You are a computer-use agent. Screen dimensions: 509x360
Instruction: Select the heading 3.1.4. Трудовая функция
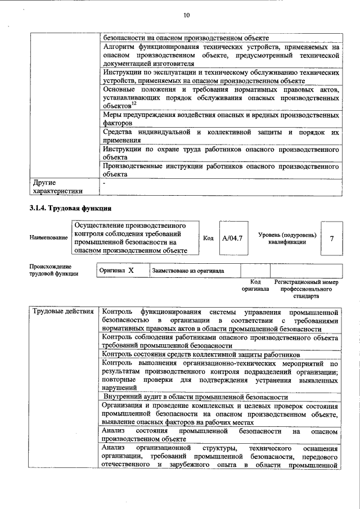[65, 209]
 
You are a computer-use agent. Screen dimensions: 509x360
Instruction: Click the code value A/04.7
[232, 238]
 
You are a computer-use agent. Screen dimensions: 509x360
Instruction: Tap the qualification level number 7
[332, 238]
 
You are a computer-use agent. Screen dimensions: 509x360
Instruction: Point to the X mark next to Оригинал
[131, 271]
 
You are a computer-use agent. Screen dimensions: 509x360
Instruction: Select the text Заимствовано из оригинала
[188, 271]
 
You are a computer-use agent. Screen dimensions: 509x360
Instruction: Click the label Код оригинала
[255, 285]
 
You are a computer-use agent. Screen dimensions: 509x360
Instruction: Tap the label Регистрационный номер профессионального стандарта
[306, 289]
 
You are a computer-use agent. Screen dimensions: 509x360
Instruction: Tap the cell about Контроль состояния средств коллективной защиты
[201, 354]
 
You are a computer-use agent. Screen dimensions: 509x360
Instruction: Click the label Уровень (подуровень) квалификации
[287, 238]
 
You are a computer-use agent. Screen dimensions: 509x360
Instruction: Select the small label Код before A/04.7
[208, 238]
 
